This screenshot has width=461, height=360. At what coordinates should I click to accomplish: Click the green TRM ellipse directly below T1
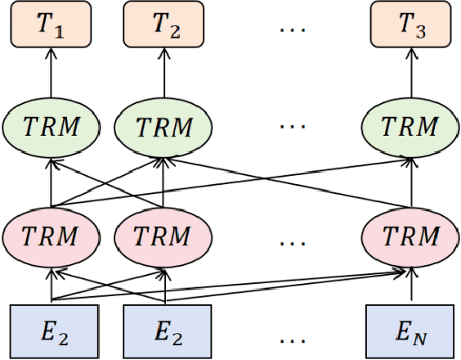[x=51, y=128]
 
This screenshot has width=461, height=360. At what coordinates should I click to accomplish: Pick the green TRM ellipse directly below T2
[x=164, y=128]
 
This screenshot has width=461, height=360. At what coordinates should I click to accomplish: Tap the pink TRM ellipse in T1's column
[x=51, y=237]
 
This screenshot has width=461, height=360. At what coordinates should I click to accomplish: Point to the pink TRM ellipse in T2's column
[x=164, y=237]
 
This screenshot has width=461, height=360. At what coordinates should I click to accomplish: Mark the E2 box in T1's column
[x=51, y=332]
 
